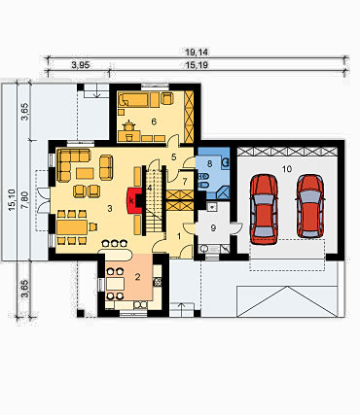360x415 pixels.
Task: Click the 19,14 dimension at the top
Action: click(x=197, y=52)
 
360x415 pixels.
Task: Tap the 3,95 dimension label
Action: click(x=81, y=65)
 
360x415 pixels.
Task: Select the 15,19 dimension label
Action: click(x=197, y=65)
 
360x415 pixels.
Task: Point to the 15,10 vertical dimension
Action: click(x=12, y=200)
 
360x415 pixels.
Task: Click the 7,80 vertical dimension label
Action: click(x=26, y=200)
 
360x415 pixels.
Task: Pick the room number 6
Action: click(x=154, y=121)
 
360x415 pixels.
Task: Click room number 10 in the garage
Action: click(x=287, y=169)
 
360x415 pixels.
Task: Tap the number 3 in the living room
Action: click(x=110, y=209)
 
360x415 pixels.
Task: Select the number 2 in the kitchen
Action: click(x=138, y=277)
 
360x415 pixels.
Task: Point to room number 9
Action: click(x=213, y=228)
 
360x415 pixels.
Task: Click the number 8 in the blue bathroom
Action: click(x=209, y=164)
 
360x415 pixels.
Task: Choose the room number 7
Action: click(x=185, y=182)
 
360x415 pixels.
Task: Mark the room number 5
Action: click(x=173, y=157)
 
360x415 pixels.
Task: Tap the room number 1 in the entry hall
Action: click(x=179, y=237)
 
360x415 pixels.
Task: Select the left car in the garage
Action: click(x=264, y=209)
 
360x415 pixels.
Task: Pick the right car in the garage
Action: click(x=310, y=206)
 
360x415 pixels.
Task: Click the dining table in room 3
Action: click(x=72, y=227)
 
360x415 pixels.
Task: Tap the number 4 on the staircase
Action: click(x=150, y=188)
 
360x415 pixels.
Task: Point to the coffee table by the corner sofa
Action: click(x=85, y=173)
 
